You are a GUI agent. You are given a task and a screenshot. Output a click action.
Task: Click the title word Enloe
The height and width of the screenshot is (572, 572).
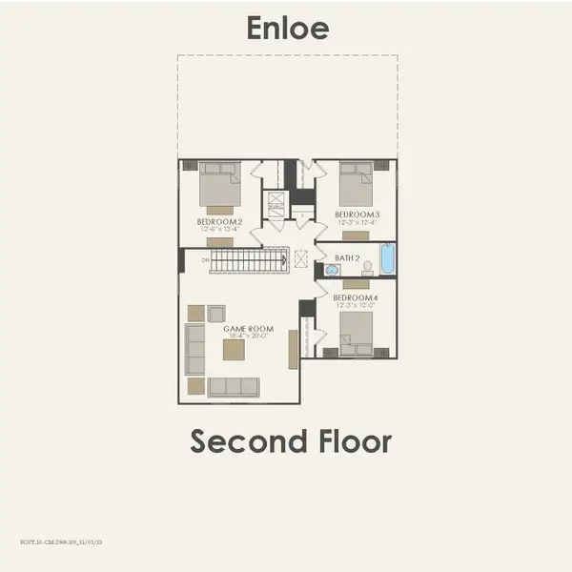coord(287,28)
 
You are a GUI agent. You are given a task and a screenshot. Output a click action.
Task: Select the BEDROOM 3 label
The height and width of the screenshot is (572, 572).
coord(357,214)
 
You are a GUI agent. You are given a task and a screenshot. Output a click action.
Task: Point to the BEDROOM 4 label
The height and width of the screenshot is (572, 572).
coord(355,298)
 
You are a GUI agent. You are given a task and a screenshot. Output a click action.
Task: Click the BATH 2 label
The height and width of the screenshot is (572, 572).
coord(346,257)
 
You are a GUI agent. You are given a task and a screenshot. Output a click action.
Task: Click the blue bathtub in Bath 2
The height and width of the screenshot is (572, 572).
coord(387,258)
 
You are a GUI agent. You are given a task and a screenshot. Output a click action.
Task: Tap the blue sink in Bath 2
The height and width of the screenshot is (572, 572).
coord(332,271)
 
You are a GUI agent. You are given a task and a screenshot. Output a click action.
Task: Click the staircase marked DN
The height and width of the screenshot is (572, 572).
coord(247,259)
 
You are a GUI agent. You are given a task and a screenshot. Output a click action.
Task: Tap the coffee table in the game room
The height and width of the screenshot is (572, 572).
coord(234,350)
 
